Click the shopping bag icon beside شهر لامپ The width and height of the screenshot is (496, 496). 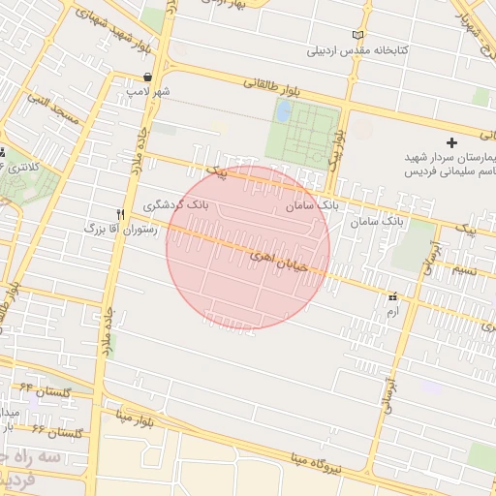(147, 77)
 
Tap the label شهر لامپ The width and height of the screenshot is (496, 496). (147, 91)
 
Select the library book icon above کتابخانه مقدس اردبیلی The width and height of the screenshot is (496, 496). (359, 35)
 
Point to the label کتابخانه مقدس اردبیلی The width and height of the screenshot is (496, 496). (358, 49)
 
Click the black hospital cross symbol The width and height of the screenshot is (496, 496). (451, 142)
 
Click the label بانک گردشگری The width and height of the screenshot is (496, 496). (175, 205)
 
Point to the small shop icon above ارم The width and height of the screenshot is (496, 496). (392, 297)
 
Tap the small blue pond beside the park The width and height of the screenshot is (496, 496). (283, 111)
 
